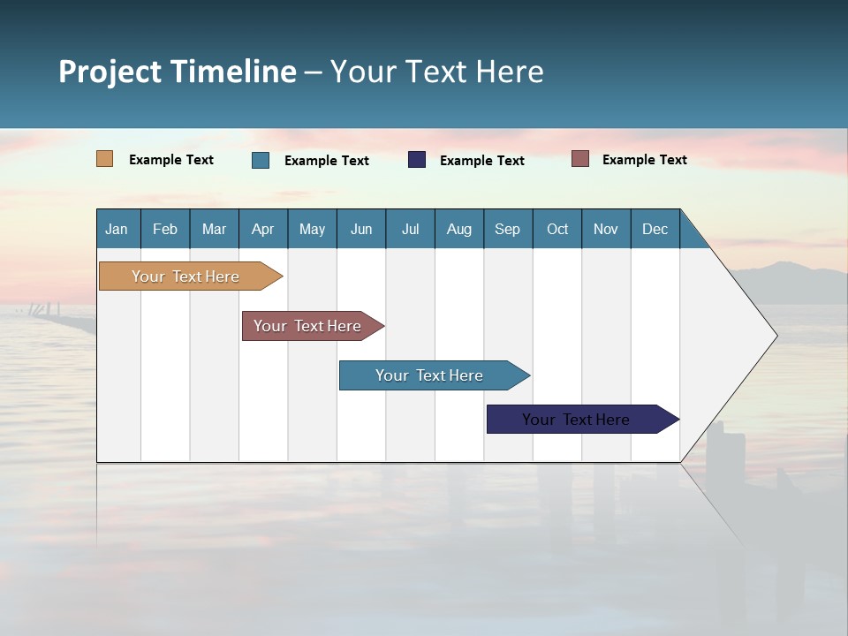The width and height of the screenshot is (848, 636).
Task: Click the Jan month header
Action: click(117, 229)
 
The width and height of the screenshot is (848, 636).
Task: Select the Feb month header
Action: click(165, 229)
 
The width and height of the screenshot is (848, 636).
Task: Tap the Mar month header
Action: click(214, 229)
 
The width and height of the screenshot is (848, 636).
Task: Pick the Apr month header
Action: click(263, 229)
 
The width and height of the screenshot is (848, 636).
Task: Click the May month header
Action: click(312, 229)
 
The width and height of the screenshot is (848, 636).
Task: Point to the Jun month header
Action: click(361, 229)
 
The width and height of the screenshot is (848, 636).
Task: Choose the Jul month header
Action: click(410, 229)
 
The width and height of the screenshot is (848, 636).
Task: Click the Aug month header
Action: click(459, 229)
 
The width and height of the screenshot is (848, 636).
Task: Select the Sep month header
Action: click(508, 229)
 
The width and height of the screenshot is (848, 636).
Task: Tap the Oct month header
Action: click(557, 229)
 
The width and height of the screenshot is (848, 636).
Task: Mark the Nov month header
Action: click(606, 229)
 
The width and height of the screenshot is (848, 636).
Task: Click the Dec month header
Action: click(655, 229)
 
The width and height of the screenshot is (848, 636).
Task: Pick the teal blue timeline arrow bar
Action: click(430, 375)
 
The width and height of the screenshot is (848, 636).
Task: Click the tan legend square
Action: click(105, 159)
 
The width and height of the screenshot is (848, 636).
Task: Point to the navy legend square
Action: click(417, 160)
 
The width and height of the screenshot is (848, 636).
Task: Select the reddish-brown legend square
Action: click(580, 159)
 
